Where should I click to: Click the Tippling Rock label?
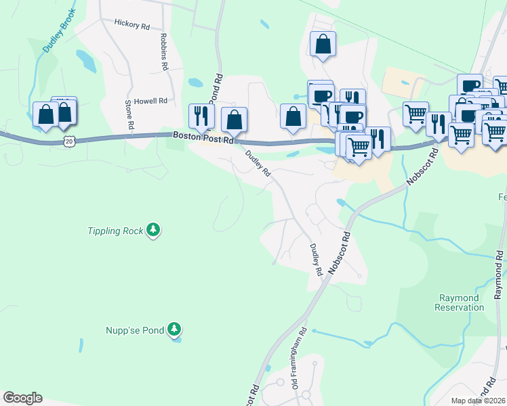point(115,231)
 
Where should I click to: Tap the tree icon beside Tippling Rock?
point(155,231)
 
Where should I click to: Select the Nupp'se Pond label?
point(134,330)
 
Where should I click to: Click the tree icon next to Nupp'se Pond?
point(175,330)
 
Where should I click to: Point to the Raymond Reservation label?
point(459,302)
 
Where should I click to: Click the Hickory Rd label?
point(131,25)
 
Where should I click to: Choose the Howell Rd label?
point(150,101)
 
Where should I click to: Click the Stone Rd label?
point(128,115)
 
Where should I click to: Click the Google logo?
point(22,398)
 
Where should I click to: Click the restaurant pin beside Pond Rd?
point(201,116)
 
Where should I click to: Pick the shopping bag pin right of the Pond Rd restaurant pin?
point(234,119)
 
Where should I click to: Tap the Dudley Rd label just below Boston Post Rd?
point(258,164)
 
